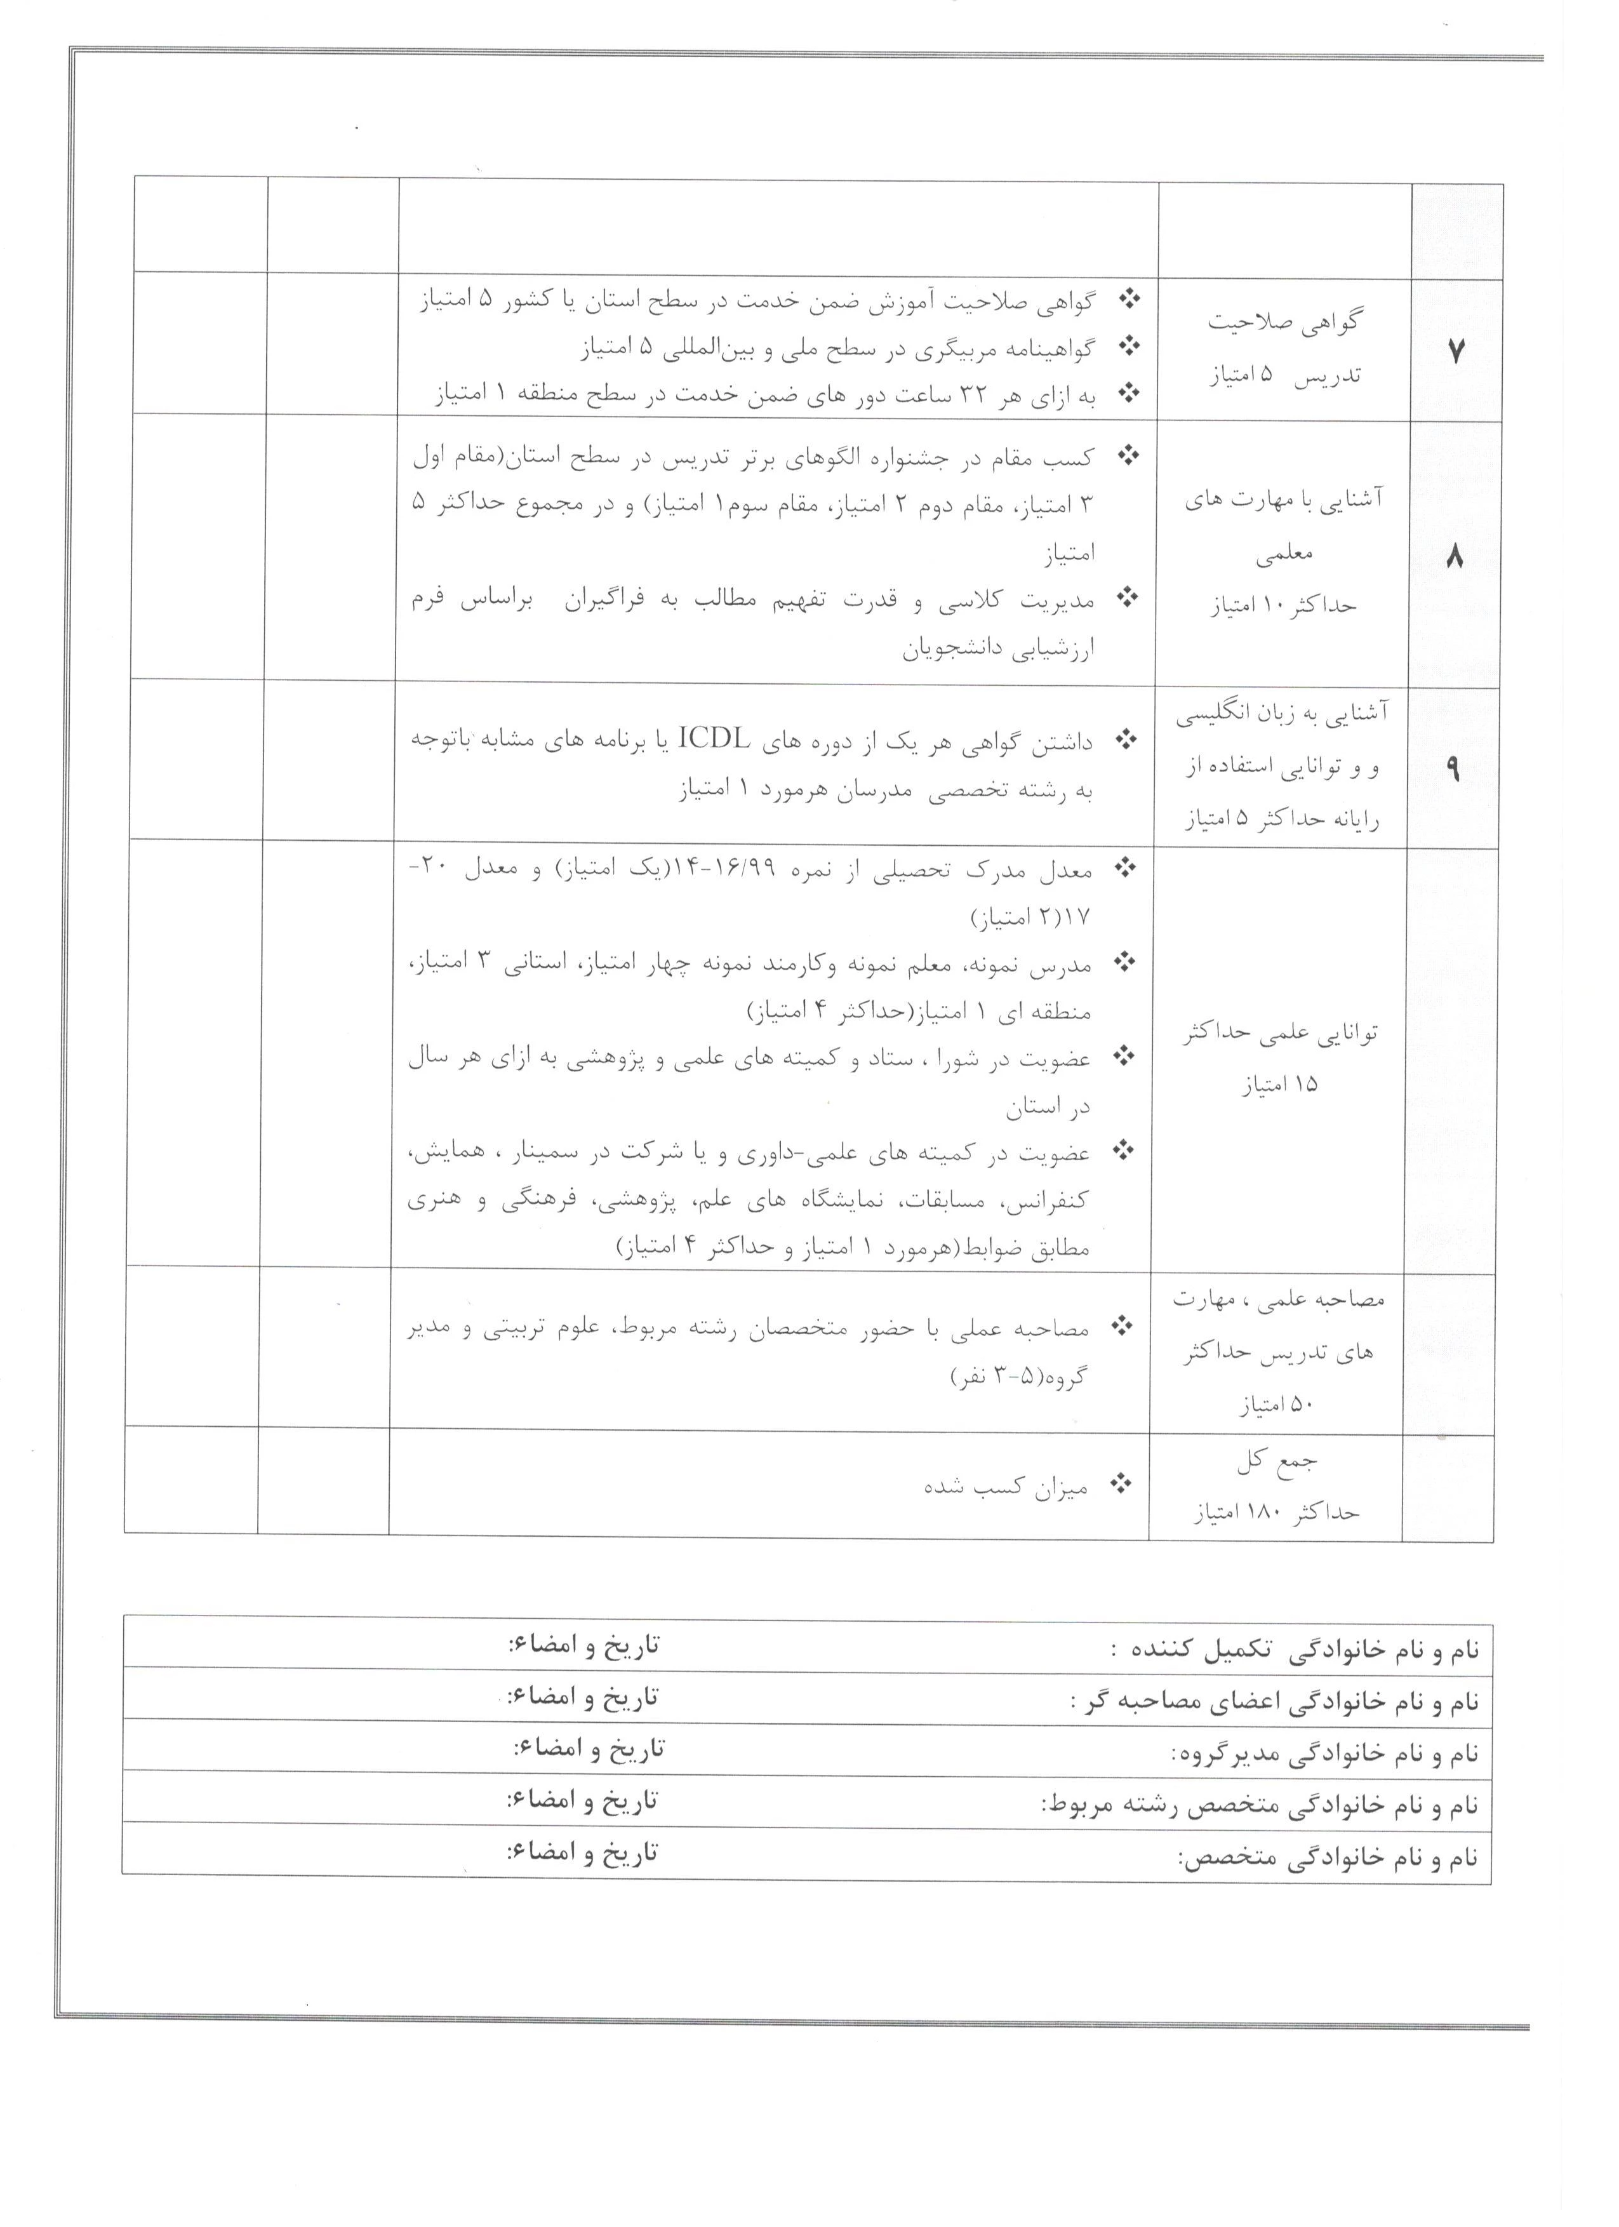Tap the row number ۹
tap(1452, 770)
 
